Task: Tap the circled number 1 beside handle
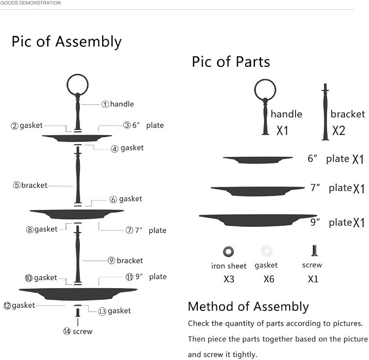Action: tap(105, 104)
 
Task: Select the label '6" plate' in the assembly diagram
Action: tap(148, 125)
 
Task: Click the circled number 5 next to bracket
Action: tap(17, 185)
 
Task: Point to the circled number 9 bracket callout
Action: tap(111, 260)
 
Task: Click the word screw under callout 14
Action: tap(83, 332)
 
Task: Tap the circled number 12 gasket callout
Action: tap(7, 306)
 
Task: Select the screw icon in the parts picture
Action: tap(315, 251)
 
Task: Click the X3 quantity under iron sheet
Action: tap(229, 279)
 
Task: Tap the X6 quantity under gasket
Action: tap(269, 279)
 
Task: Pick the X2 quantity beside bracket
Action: tap(339, 131)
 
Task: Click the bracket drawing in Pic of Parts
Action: tap(325, 112)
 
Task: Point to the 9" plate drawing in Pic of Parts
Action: tap(258, 220)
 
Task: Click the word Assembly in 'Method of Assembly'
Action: tap(281, 307)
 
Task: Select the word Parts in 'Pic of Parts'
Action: tap(253, 61)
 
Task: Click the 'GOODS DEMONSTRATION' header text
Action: tap(30, 3)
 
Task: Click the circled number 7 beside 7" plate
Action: tap(129, 230)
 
